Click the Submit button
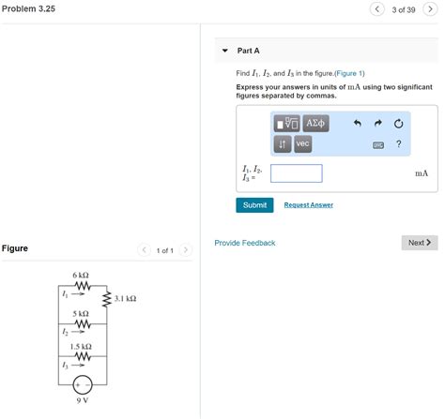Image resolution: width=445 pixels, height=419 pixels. [x=254, y=204]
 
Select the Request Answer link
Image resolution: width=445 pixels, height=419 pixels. [x=308, y=204]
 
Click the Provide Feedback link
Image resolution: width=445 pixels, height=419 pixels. [x=244, y=243]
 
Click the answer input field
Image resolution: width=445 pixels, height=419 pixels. [x=296, y=173]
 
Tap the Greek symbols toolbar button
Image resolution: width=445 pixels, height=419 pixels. [x=315, y=123]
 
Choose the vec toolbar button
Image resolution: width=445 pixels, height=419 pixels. [x=302, y=143]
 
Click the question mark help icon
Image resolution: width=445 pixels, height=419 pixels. [x=398, y=143]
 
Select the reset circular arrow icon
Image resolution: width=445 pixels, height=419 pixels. [x=398, y=123]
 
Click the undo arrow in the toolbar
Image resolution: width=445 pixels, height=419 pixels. [x=357, y=123]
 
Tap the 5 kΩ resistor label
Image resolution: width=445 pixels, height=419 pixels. [x=80, y=312]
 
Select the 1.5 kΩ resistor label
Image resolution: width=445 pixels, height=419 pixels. [x=80, y=347]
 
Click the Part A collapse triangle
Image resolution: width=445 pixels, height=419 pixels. [x=224, y=51]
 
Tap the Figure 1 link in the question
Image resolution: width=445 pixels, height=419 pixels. [x=348, y=73]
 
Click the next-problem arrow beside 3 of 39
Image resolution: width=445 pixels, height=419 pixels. [x=430, y=9]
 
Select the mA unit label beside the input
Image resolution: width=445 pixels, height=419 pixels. [x=421, y=173]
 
